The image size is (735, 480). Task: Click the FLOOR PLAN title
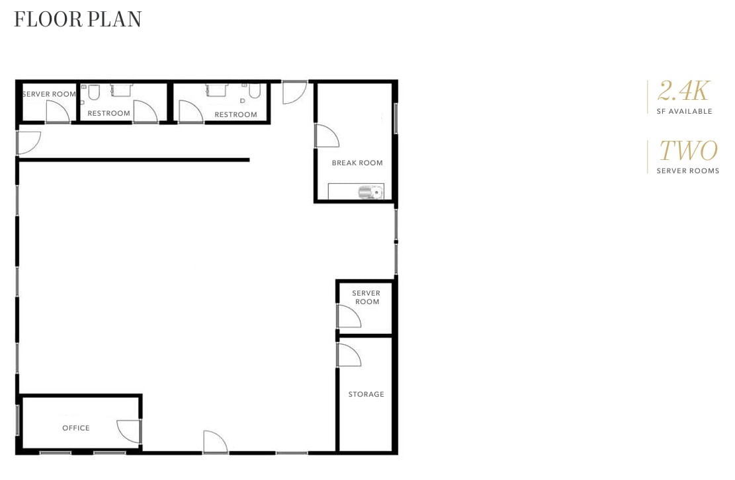[78, 20]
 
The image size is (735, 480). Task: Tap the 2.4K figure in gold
[684, 91]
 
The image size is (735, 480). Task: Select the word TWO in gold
[688, 151]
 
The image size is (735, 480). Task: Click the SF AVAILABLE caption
[684, 111]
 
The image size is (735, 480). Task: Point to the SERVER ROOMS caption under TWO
[687, 171]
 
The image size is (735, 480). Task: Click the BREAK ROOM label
[357, 163]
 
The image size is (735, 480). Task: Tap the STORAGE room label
[366, 394]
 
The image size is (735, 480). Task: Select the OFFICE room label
[76, 428]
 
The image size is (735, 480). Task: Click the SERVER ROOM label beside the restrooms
[49, 94]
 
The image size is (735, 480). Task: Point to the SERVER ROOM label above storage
[366, 298]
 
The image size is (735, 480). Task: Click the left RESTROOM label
[108, 113]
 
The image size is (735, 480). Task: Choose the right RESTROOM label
[236, 114]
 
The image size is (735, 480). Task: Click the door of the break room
[326, 136]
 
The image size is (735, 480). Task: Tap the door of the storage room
[348, 355]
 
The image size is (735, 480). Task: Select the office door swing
[129, 431]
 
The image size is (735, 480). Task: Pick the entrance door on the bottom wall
[214, 442]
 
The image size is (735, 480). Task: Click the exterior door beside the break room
[294, 92]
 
